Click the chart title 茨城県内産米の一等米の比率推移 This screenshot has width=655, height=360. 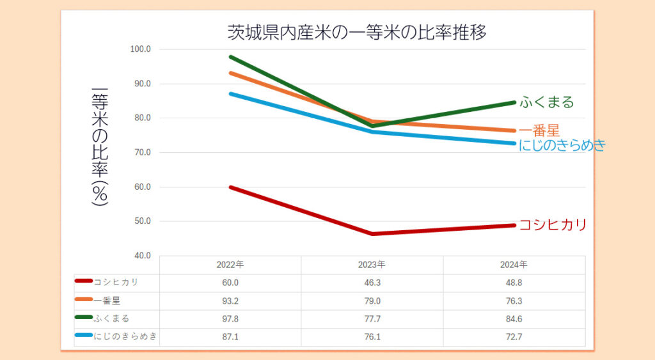click(357, 33)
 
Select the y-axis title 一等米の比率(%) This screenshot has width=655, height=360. click(100, 146)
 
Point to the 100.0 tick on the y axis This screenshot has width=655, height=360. click(140, 49)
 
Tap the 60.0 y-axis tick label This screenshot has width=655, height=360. click(140, 187)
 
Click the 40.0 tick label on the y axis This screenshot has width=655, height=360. click(140, 256)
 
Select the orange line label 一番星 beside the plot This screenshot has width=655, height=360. click(539, 131)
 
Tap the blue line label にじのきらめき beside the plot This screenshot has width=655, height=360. click(562, 145)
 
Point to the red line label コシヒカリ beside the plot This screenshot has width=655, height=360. click(552, 225)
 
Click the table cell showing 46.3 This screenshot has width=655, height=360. click(372, 283)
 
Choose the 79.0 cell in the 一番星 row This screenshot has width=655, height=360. click(372, 301)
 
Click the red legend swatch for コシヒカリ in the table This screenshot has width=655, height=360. click(84, 281)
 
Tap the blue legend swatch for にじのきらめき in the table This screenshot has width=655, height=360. click(84, 336)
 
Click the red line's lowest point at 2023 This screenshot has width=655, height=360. click(372, 234)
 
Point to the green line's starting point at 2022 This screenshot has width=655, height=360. click(230, 57)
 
